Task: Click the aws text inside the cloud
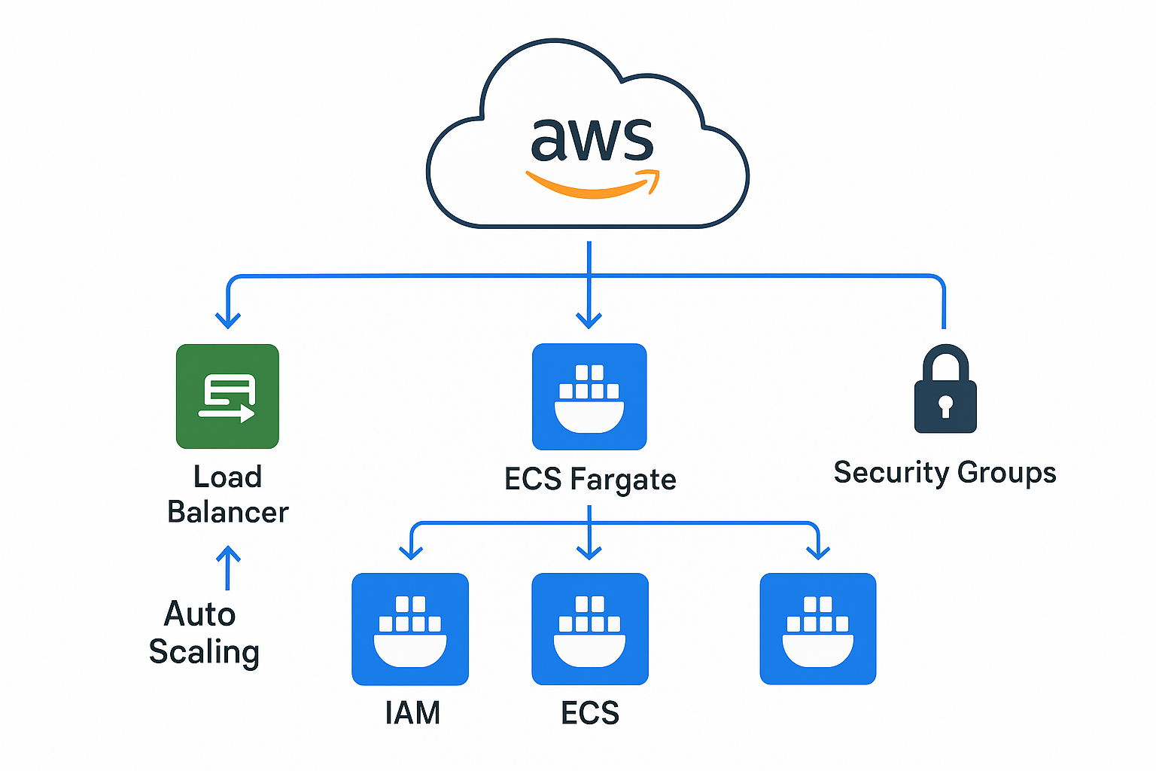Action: click(592, 140)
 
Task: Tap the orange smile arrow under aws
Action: click(592, 185)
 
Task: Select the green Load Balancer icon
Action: click(227, 396)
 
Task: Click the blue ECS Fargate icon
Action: click(589, 397)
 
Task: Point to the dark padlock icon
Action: click(945, 390)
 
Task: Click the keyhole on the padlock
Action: click(945, 407)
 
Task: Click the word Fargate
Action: click(622, 480)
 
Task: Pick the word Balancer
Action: click(228, 512)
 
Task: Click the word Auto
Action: click(200, 614)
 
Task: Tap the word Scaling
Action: click(204, 651)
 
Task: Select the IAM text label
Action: click(412, 712)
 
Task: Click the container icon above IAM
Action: click(410, 629)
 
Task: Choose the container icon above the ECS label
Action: click(590, 629)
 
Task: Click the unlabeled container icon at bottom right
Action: click(818, 629)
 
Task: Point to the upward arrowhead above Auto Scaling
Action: click(228, 556)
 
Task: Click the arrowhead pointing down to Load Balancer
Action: click(228, 320)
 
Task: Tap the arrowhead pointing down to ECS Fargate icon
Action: click(589, 320)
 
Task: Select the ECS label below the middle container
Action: click(590, 712)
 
